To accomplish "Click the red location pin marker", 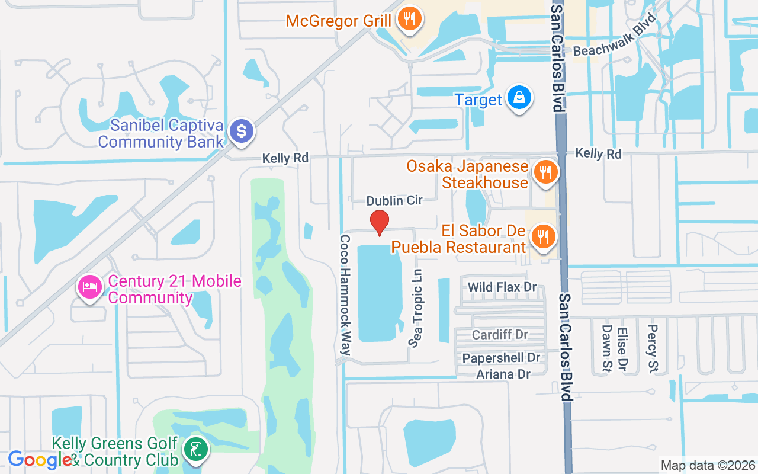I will (379, 222).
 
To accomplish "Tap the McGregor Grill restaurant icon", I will (409, 19).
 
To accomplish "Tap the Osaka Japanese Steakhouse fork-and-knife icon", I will (544, 173).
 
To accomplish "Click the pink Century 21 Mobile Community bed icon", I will (89, 289).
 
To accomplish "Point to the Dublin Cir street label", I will (394, 201).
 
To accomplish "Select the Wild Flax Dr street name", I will (502, 287).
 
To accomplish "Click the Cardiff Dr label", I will (500, 335).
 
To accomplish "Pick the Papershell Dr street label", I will (501, 358).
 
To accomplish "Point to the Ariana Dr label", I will (503, 374).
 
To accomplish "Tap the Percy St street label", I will (653, 348).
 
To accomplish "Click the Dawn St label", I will (606, 350).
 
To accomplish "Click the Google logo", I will (40, 460).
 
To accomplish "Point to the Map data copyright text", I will (708, 466).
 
